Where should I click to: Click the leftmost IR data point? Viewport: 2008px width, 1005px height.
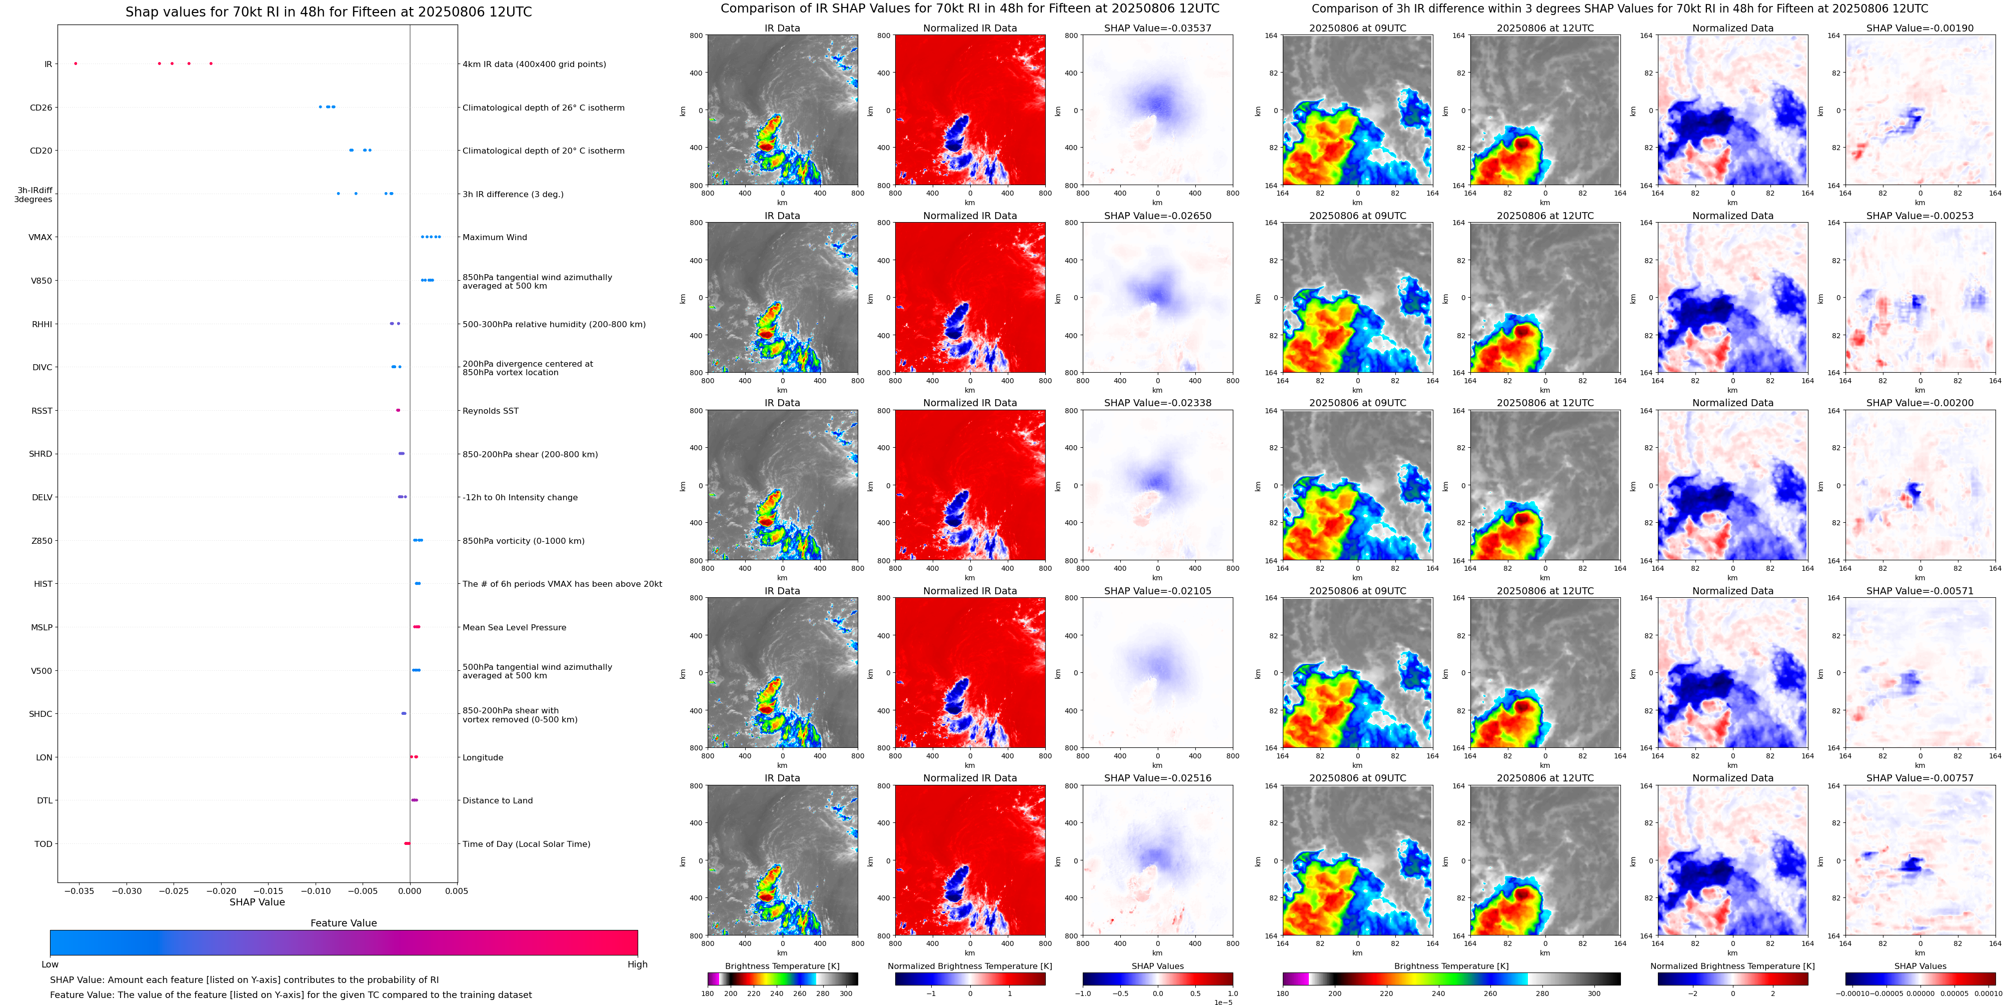coord(76,63)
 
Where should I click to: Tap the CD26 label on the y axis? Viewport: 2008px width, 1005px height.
coord(42,108)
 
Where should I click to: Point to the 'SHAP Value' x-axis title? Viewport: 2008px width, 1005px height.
coord(257,902)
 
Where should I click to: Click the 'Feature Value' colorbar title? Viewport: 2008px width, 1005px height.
coord(343,923)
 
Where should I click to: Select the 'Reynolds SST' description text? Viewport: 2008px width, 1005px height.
coord(490,411)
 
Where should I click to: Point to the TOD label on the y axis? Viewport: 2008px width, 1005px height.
coord(44,843)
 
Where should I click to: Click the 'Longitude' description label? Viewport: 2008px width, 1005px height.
coord(483,757)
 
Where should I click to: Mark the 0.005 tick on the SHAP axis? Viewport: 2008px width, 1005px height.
coord(457,890)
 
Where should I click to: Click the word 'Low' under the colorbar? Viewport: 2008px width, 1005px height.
coord(50,964)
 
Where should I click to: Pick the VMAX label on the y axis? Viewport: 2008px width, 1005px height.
coord(41,237)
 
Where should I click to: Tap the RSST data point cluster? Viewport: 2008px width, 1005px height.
coord(398,410)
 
